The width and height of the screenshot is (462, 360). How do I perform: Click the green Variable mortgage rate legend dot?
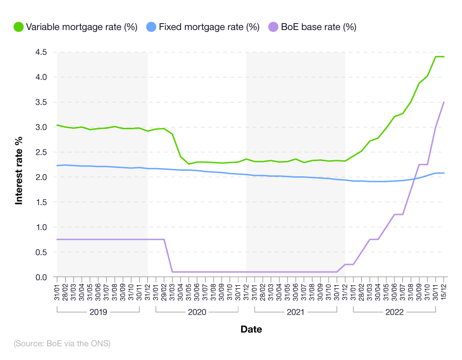tap(18, 27)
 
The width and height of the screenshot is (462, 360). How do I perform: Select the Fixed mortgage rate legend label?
tap(209, 27)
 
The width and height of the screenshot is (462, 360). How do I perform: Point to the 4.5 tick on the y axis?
tap(40, 52)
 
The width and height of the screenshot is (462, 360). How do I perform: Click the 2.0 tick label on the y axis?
tap(40, 177)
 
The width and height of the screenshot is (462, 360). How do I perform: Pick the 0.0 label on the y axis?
tap(40, 277)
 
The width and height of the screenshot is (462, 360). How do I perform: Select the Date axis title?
tap(251, 330)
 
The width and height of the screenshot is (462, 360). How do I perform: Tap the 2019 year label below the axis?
tap(98, 312)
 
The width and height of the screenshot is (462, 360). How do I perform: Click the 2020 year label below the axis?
tap(197, 312)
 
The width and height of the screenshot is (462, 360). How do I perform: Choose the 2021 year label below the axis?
tap(296, 312)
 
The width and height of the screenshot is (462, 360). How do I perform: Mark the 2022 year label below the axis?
tap(394, 312)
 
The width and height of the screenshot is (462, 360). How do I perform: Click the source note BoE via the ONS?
tap(62, 343)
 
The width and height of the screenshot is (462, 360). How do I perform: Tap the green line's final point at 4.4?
tap(444, 57)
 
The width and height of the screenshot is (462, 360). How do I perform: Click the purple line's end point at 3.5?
tap(444, 102)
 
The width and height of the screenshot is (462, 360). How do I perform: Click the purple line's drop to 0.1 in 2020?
tap(172, 272)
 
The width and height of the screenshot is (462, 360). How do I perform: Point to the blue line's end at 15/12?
tap(444, 173)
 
